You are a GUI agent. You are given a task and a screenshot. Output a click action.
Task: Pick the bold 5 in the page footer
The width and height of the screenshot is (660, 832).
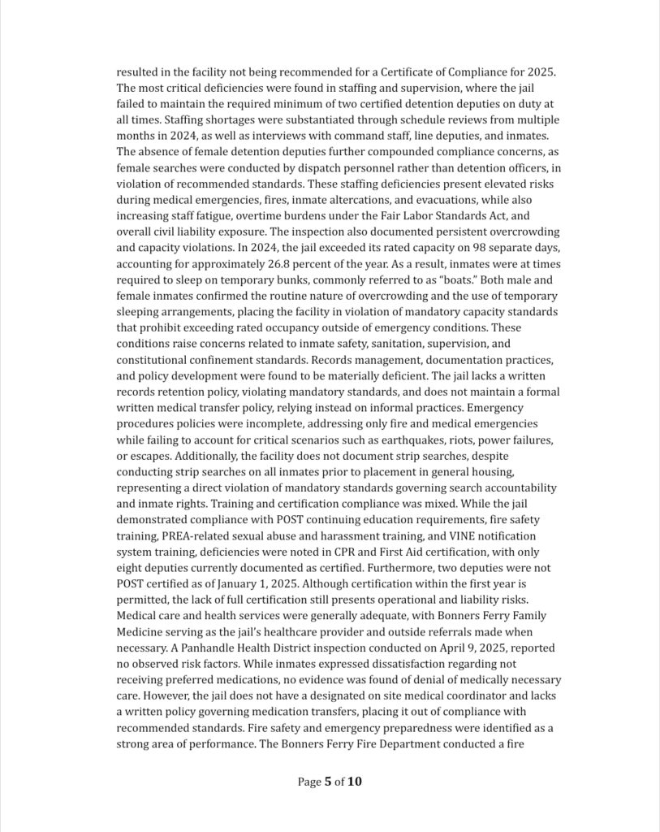pyautogui.click(x=328, y=782)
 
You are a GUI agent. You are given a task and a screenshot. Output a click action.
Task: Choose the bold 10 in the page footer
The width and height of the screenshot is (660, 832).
pyautogui.click(x=354, y=782)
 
